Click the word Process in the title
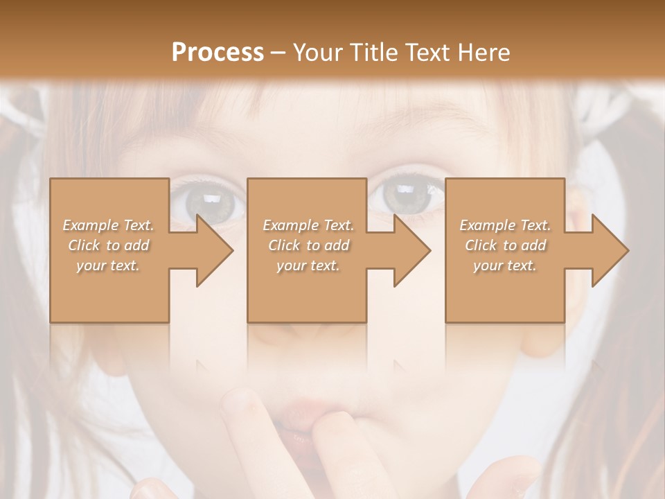(218, 53)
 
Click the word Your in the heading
(317, 53)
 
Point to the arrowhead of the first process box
(215, 250)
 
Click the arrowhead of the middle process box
(412, 250)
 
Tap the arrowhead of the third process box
(610, 250)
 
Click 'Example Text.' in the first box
(108, 225)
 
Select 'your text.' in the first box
(108, 265)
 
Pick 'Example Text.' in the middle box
(308, 225)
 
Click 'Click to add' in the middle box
(308, 245)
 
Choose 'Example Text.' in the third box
(505, 225)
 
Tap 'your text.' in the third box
(505, 265)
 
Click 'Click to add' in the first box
(108, 245)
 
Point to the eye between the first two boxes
(211, 201)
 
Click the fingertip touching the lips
(242, 402)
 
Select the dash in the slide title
(278, 53)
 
